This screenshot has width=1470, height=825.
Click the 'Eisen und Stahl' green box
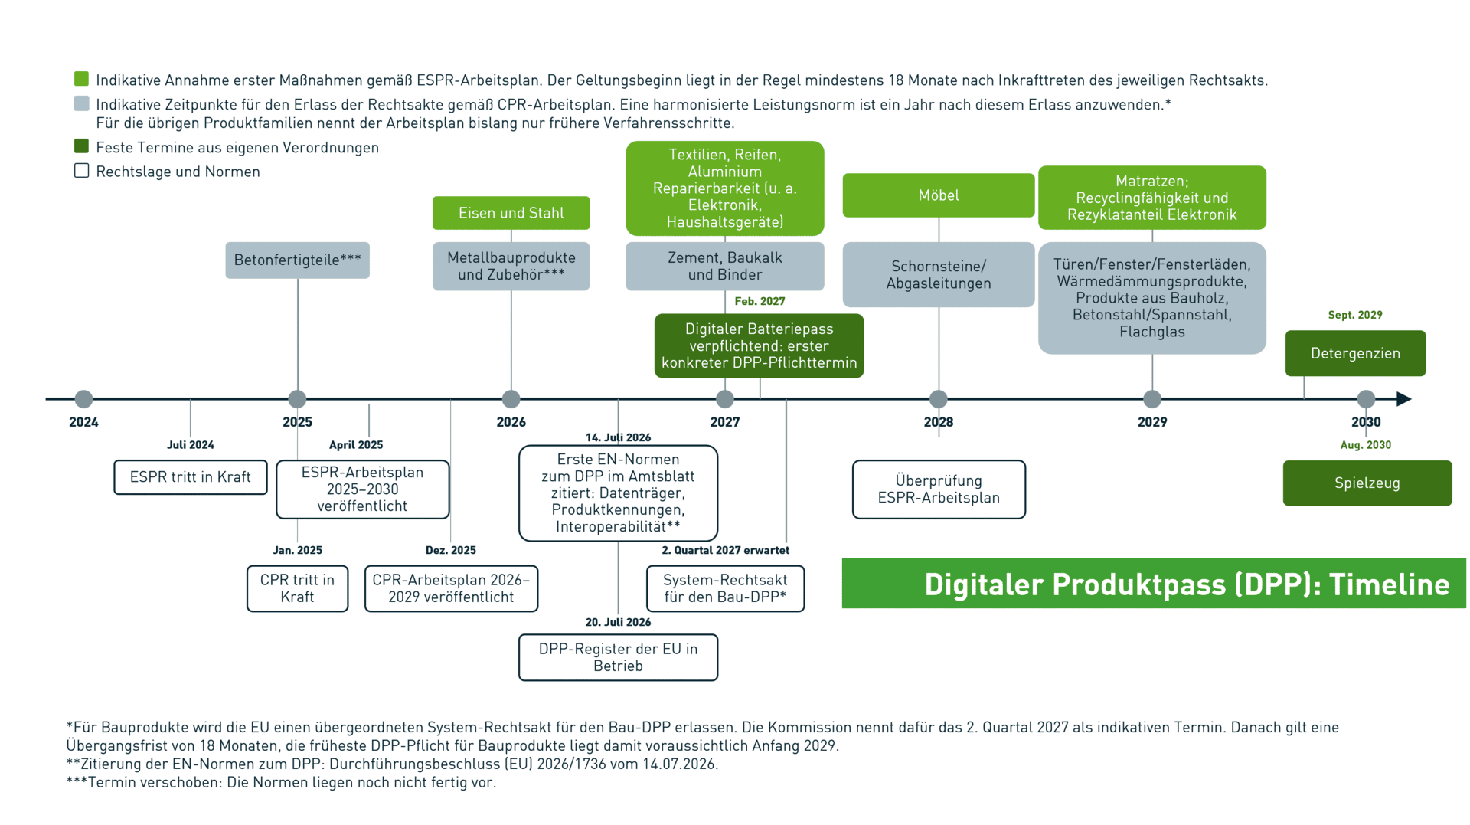511,213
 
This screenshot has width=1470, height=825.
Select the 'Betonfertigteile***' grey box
297,260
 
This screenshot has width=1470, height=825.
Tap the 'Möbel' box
939,195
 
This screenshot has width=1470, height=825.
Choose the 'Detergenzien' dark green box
1355,353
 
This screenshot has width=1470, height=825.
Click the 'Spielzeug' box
1367,483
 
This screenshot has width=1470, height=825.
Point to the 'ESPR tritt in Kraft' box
191,477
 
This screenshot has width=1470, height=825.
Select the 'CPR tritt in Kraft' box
297,588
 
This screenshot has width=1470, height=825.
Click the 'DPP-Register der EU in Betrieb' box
618,657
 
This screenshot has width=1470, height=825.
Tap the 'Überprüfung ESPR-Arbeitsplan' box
939,489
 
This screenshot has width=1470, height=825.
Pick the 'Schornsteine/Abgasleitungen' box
939,275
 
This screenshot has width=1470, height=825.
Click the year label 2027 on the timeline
725,422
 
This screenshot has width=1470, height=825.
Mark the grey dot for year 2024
83,399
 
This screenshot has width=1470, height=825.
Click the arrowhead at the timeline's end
1404,399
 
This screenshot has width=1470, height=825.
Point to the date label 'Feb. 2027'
759,301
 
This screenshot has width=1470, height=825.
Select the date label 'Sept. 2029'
1355,315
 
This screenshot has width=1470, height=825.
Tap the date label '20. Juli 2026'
618,622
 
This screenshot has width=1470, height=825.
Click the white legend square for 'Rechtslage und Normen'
82,171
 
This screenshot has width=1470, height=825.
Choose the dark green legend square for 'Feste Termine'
82,146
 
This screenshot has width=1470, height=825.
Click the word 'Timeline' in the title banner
1389,584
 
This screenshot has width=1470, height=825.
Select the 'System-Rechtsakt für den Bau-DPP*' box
725,588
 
